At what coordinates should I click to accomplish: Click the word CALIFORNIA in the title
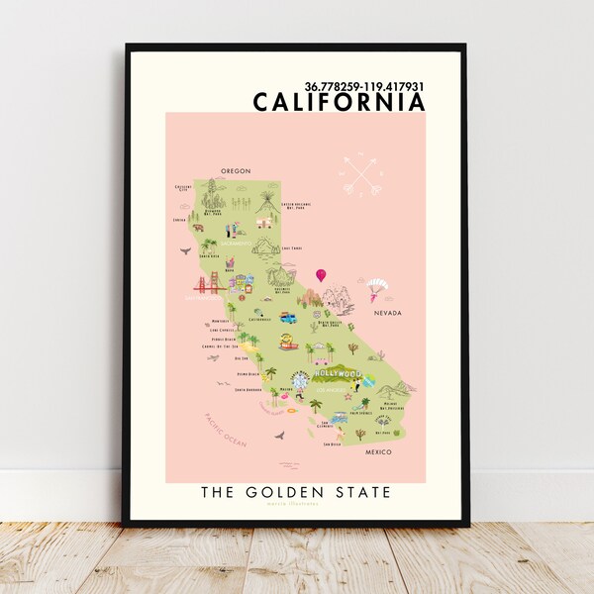[339, 101]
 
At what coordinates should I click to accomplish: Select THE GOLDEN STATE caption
[296, 491]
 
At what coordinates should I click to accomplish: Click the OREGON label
[236, 170]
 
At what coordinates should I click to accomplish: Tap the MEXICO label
[377, 451]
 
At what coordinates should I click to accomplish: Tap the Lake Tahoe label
[290, 248]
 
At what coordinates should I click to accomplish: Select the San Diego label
[334, 445]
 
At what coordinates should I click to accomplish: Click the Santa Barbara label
[247, 390]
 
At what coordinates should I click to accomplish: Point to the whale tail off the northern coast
[184, 251]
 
